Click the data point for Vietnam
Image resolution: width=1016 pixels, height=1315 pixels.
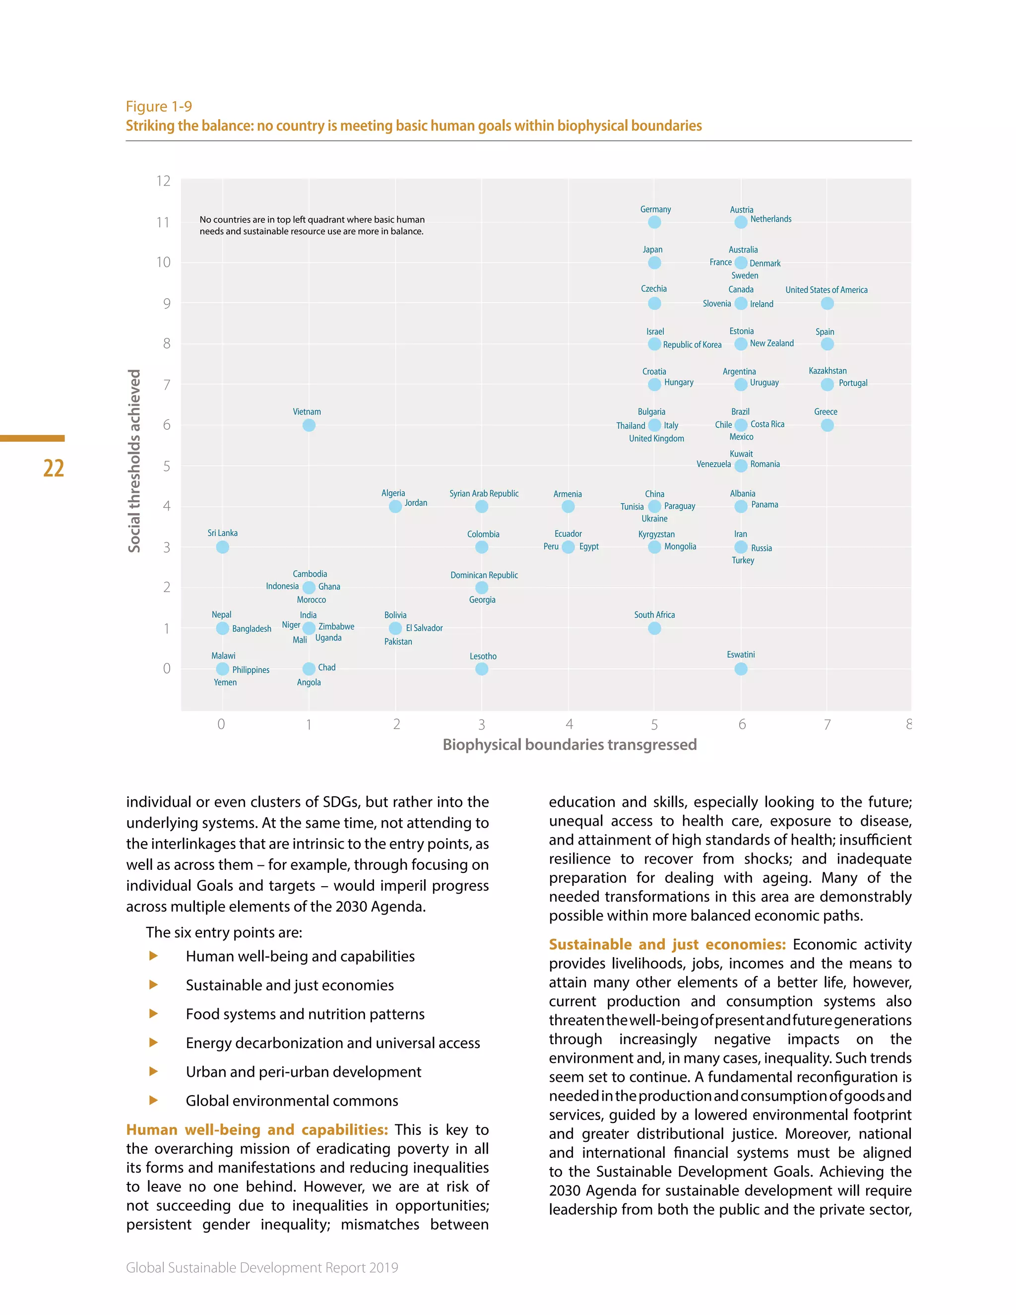point(309,425)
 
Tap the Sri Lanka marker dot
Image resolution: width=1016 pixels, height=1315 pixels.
point(222,547)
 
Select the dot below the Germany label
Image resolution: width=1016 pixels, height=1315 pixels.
point(654,222)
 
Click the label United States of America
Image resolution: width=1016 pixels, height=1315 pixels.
point(826,290)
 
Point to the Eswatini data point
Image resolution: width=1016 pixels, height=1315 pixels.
point(741,669)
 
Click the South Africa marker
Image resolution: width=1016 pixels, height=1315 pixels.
point(654,628)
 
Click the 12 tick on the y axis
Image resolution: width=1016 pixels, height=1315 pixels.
point(163,181)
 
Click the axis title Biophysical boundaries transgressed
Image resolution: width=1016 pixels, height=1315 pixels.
point(570,745)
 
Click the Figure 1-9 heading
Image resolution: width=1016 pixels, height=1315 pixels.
point(159,107)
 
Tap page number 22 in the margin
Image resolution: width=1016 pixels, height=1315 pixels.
point(54,468)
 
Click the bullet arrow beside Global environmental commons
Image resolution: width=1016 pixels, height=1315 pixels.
point(153,1100)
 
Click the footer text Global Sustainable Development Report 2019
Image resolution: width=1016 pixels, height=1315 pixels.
point(262,1267)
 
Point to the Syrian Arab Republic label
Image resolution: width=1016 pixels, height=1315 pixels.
point(483,493)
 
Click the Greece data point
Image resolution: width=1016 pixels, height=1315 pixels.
point(827,425)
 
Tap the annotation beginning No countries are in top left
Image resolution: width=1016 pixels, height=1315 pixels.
point(312,225)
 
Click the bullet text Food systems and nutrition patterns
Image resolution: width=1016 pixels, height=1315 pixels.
point(305,1014)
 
